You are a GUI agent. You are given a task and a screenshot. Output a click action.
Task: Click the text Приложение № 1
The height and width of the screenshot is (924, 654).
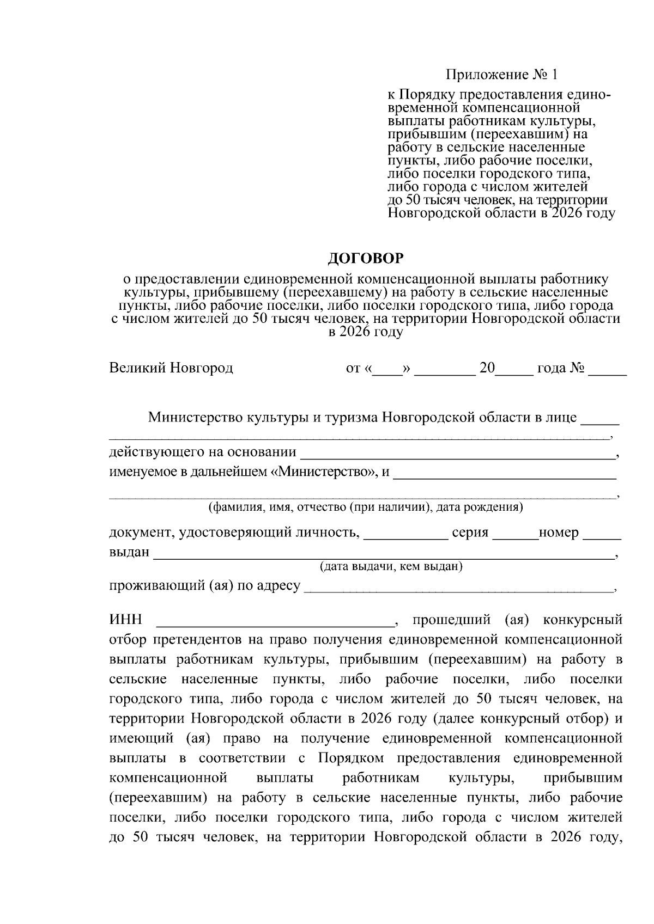[x=502, y=74]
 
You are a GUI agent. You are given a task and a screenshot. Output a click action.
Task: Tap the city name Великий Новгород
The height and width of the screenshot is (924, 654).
[x=171, y=368]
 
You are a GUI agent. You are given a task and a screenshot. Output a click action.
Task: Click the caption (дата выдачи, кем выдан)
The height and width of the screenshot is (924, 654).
[x=391, y=567]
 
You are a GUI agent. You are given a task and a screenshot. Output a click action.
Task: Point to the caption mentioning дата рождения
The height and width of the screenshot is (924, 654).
[x=366, y=507]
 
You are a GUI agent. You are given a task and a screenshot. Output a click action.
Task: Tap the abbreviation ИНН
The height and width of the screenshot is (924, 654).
[x=125, y=620]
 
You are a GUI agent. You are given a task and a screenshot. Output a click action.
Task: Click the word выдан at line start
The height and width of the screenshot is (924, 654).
[x=129, y=552]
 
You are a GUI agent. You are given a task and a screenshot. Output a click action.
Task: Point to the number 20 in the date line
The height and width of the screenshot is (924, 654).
[x=487, y=368]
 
